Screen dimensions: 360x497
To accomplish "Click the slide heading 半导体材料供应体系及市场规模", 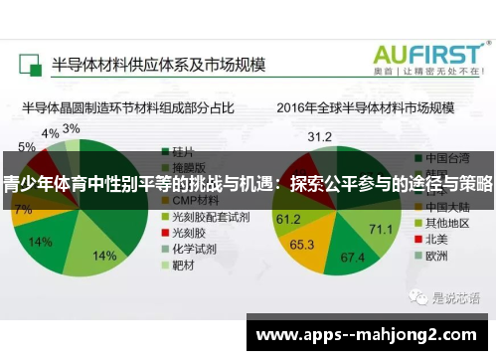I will pyautogui.click(x=158, y=62).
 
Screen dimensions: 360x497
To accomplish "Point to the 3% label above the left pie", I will pyautogui.click(x=72, y=129).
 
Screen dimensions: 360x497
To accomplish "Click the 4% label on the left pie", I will pyautogui.click(x=49, y=133).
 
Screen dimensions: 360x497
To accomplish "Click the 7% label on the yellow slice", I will pyautogui.click(x=22, y=210).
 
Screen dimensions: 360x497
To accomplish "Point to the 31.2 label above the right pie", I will pyautogui.click(x=320, y=136).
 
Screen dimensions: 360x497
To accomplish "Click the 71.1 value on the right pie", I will pyautogui.click(x=381, y=229).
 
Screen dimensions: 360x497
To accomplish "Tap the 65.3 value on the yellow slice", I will pyautogui.click(x=302, y=243).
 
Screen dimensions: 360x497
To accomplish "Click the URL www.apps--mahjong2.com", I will pyautogui.click(x=367, y=335).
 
